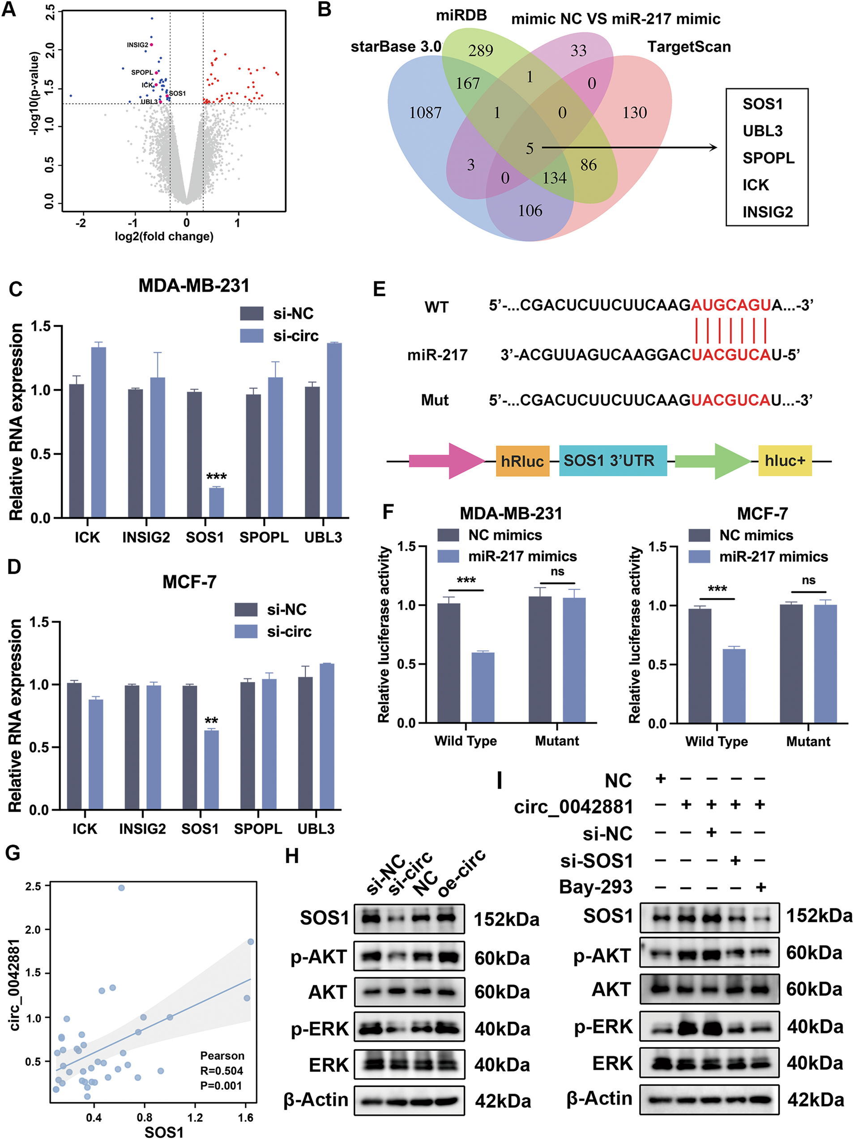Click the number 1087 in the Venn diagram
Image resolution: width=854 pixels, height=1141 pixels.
(x=425, y=112)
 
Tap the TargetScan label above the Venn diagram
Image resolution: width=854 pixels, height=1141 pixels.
(x=688, y=47)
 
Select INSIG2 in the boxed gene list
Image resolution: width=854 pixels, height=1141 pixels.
(x=767, y=212)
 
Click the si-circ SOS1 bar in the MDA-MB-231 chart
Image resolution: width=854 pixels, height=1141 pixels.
(x=216, y=502)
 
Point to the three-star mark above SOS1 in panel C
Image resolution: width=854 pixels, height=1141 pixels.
(x=216, y=477)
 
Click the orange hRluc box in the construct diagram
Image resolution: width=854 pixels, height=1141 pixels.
(x=522, y=460)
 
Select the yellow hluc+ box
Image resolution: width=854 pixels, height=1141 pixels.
(x=784, y=460)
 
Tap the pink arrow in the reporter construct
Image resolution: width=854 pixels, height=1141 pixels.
(x=446, y=460)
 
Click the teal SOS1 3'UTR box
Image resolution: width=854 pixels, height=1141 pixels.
(x=612, y=460)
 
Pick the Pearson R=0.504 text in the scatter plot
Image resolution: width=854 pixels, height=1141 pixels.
(x=222, y=1071)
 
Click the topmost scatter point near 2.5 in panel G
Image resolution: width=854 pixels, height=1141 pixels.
(x=121, y=887)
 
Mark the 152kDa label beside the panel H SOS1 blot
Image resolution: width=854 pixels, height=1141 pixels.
(x=506, y=919)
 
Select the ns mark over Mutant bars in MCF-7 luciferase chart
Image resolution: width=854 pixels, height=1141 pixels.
(x=808, y=580)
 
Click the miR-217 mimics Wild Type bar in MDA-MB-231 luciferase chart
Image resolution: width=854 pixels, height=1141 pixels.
(x=483, y=687)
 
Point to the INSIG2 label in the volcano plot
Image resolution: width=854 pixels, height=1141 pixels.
(x=137, y=45)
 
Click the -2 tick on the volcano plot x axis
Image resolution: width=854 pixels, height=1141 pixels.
(x=81, y=223)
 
